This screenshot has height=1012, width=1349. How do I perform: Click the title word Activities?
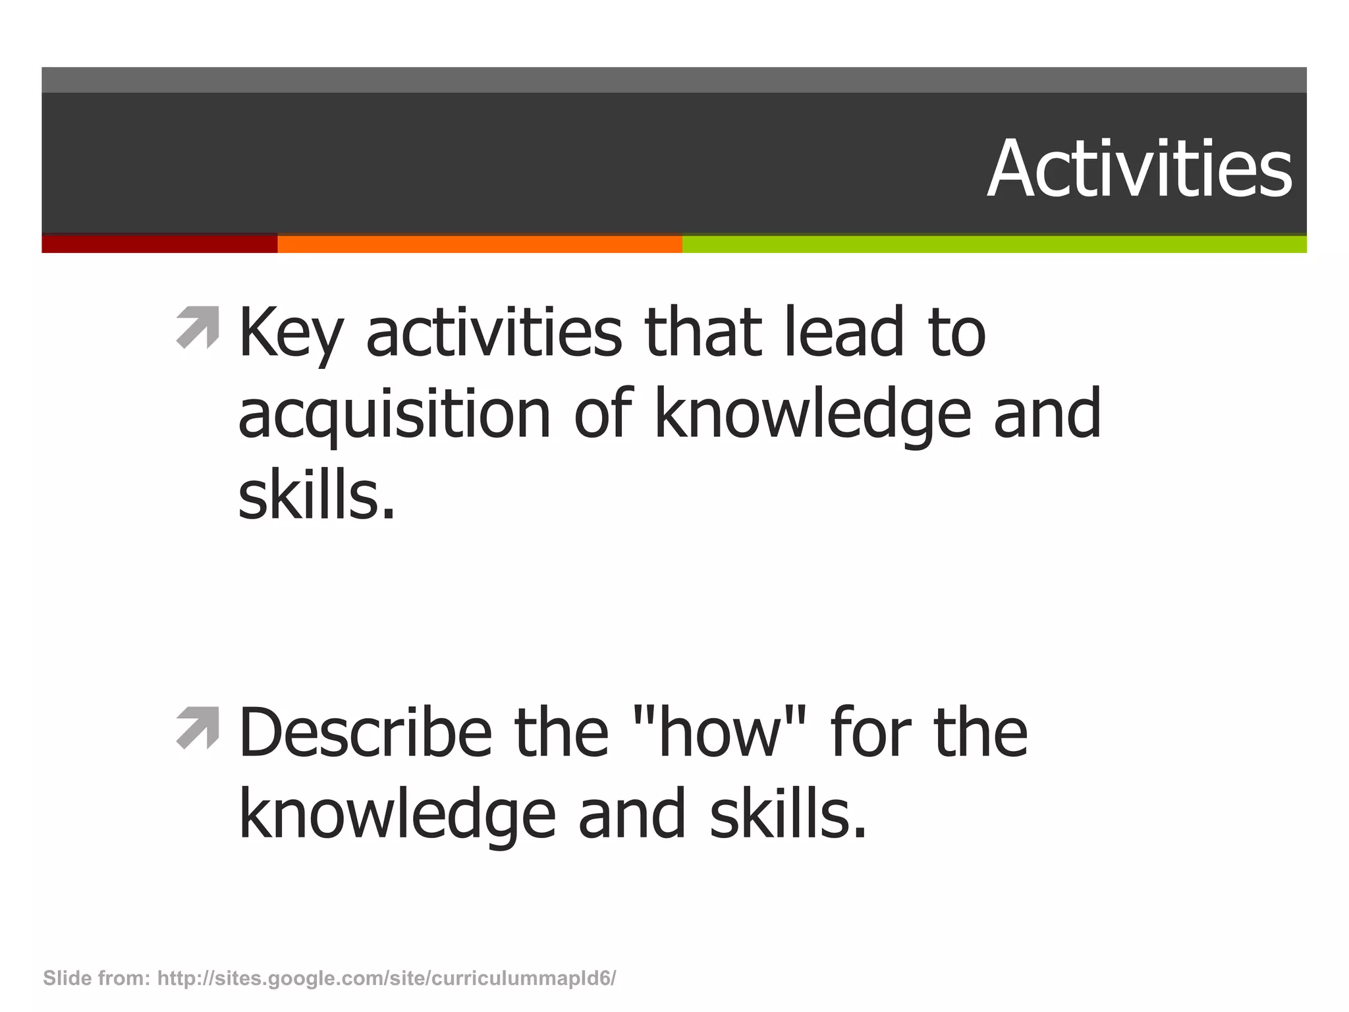(1139, 169)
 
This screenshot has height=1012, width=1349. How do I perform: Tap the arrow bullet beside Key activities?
(198, 327)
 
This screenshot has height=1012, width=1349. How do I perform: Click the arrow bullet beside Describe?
(198, 727)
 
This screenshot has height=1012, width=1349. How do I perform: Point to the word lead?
(844, 332)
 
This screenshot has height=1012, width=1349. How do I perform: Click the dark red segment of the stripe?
(159, 244)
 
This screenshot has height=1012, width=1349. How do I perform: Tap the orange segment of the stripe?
(480, 244)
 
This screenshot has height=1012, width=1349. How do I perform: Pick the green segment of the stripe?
(994, 244)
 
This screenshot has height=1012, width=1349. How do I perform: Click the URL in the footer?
(387, 978)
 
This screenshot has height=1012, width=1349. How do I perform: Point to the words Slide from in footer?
(96, 978)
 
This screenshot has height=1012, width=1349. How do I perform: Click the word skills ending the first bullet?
(316, 495)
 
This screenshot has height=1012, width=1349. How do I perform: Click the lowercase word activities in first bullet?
(493, 332)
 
